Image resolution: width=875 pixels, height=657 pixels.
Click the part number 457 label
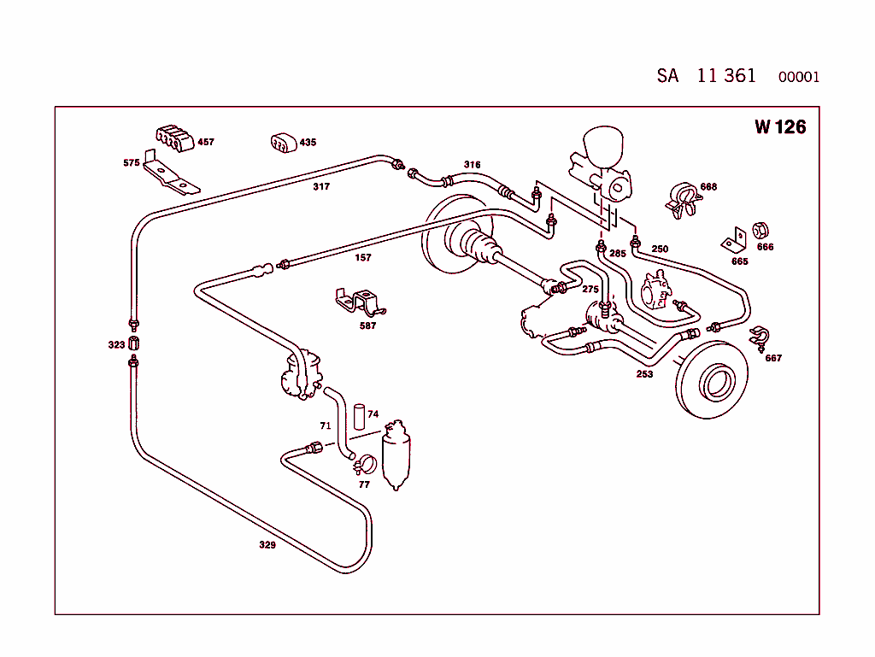(x=206, y=142)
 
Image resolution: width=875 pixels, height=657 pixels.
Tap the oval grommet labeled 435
(x=283, y=144)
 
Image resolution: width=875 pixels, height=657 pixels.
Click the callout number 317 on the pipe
(x=321, y=186)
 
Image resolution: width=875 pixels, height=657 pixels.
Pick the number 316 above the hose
(x=472, y=165)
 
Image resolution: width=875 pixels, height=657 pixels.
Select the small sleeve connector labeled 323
(x=134, y=344)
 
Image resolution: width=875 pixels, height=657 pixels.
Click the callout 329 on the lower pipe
(x=267, y=545)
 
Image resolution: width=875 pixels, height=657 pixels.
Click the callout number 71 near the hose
(x=325, y=425)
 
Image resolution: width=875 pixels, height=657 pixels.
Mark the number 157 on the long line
(x=363, y=256)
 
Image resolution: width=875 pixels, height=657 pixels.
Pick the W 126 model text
(x=780, y=127)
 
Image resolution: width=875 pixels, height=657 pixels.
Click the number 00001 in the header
(x=798, y=77)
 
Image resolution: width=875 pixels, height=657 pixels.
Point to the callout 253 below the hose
(x=644, y=374)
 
